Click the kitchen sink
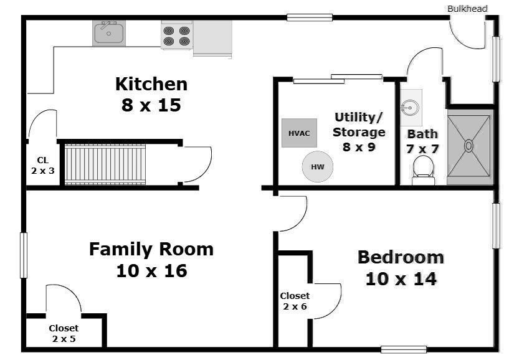109,33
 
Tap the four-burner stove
176,36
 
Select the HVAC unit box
299,133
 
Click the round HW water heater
318,167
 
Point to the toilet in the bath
424,169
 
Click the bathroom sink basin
410,107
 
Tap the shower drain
468,146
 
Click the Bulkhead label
467,9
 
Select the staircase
105,164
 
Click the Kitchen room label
151,83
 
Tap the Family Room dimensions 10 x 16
151,271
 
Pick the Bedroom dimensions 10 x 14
401,278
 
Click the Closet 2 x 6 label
295,301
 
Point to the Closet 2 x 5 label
64,333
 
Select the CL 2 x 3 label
42,164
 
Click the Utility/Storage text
358,125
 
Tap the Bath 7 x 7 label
422,141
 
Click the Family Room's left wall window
24,255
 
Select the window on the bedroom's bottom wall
404,349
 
